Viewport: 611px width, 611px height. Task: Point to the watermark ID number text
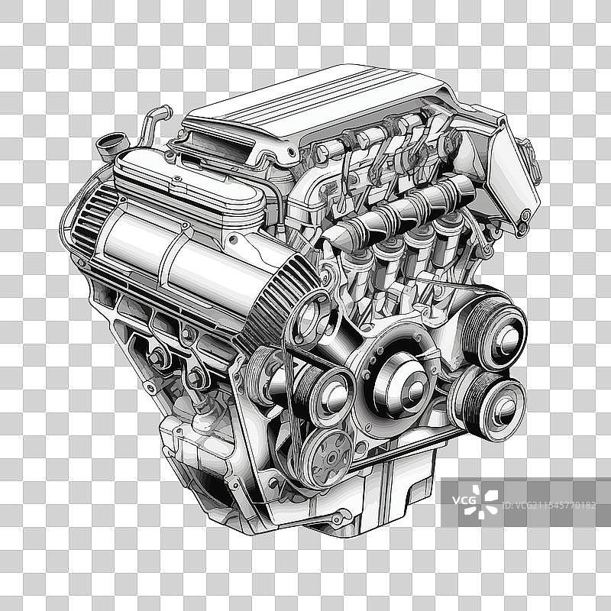554,505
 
